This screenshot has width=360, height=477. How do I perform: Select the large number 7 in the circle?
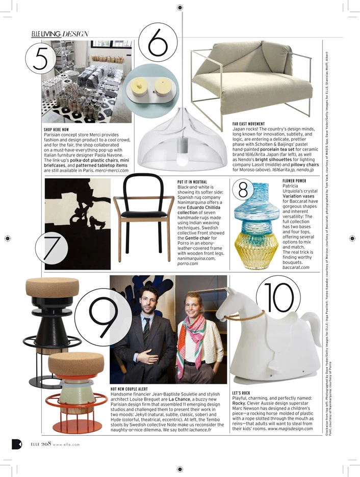(53, 249)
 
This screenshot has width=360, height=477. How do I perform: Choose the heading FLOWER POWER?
(294, 181)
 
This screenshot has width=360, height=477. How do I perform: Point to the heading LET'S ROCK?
(241, 393)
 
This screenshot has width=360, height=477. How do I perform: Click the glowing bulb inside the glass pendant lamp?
(182, 160)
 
